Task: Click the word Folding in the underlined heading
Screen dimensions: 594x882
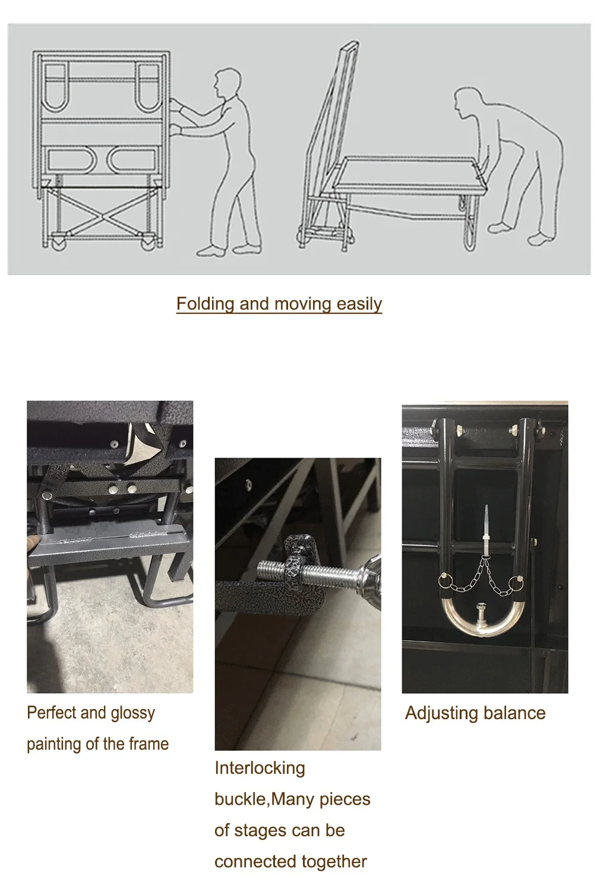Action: click(205, 304)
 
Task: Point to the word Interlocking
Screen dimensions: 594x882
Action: click(260, 768)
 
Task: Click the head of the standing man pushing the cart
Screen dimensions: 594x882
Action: click(224, 82)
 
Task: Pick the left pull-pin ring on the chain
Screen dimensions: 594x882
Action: click(444, 580)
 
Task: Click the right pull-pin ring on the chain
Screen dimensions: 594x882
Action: click(516, 581)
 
